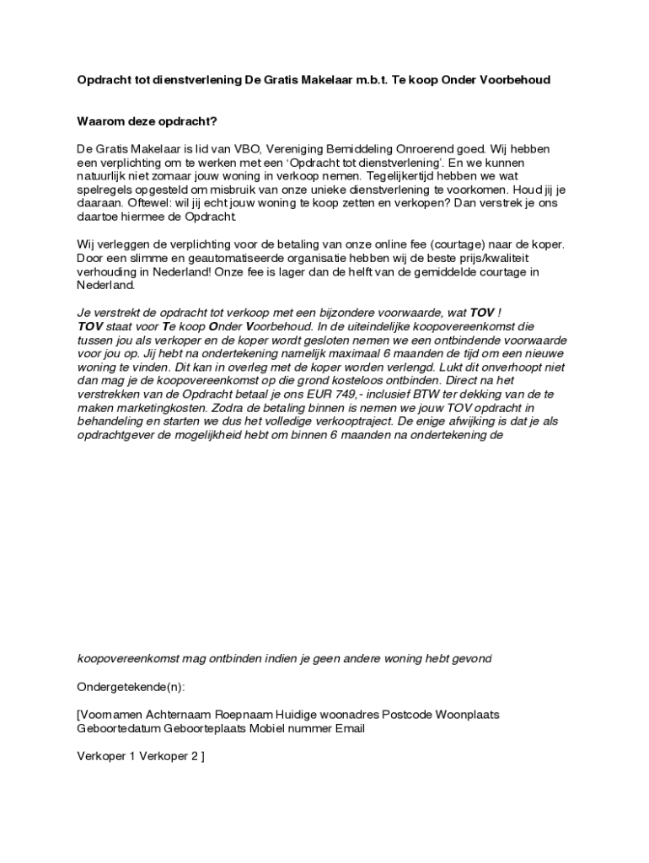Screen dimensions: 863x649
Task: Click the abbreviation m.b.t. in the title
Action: point(366,80)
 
